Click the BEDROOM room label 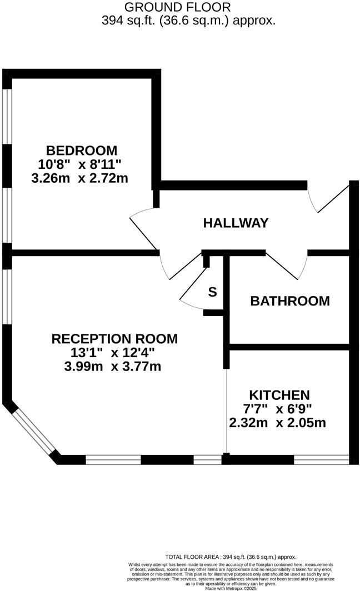(x=82, y=151)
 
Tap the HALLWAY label (x=236, y=223)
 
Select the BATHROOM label (x=289, y=301)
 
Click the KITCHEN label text (x=279, y=395)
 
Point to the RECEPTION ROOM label (x=114, y=339)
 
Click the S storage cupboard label (x=212, y=292)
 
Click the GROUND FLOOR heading (x=178, y=7)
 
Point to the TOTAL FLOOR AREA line (x=231, y=557)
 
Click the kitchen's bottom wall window (x=321, y=459)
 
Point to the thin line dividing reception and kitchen (x=226, y=411)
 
